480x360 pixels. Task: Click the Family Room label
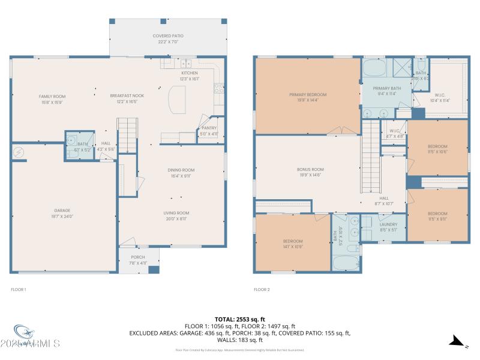[x=52, y=97]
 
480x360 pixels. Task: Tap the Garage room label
[x=62, y=211]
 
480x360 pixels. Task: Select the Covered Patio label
[x=168, y=36]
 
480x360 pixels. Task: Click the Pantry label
[x=209, y=128]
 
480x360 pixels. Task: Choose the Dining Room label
[x=181, y=170]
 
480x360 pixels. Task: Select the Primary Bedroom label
[x=308, y=95]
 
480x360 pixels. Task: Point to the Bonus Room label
[x=310, y=170]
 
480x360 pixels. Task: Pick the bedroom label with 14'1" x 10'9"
[x=293, y=241]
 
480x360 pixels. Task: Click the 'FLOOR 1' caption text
[x=19, y=290]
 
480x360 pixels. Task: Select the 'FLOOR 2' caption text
[x=262, y=290]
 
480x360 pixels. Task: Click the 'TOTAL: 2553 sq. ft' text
[x=239, y=319]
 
